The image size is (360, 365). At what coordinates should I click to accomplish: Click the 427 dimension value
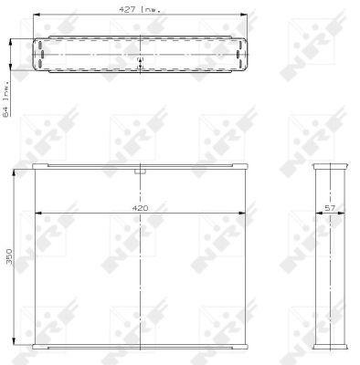(x=127, y=9)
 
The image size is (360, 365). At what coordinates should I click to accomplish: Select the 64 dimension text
(x=5, y=110)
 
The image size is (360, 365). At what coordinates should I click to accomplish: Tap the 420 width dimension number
(x=140, y=208)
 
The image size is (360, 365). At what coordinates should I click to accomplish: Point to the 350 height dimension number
(x=9, y=256)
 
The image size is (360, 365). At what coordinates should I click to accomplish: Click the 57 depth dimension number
(x=330, y=208)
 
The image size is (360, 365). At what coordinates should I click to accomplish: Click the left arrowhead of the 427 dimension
(x=37, y=15)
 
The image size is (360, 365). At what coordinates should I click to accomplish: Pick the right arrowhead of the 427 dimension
(x=243, y=15)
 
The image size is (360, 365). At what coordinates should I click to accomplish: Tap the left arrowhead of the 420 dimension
(x=38, y=214)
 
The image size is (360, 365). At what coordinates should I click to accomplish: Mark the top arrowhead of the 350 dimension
(x=14, y=173)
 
